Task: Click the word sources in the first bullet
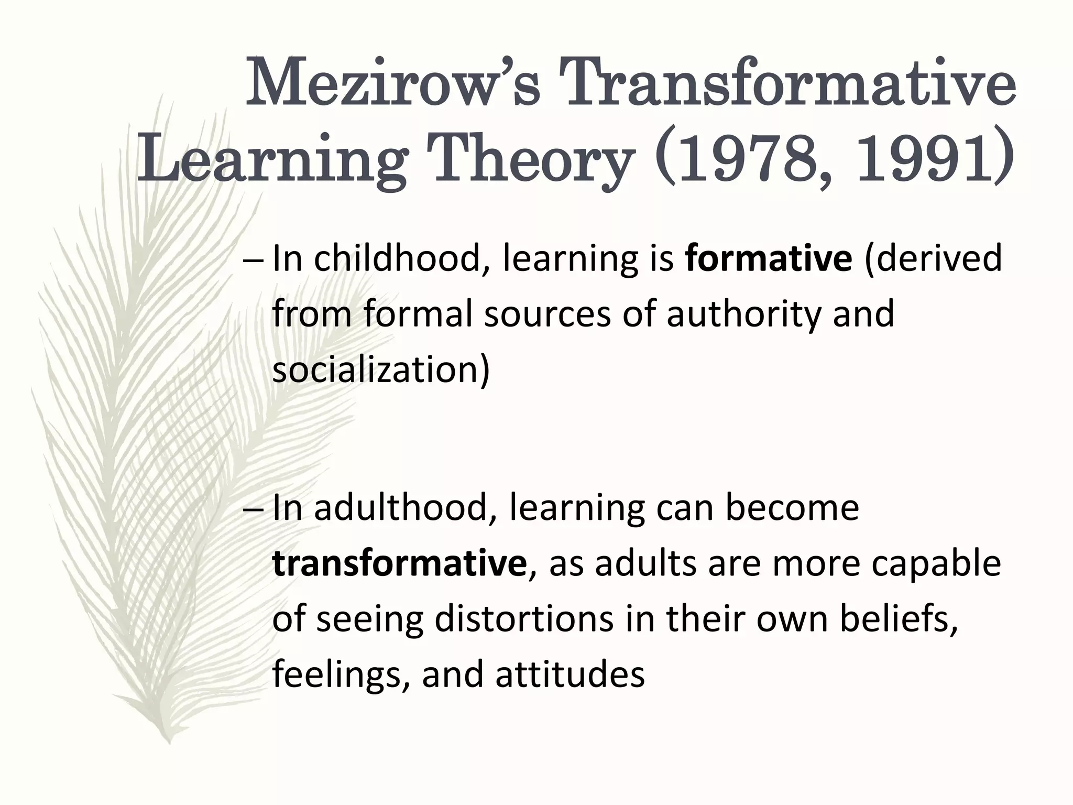point(547,314)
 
